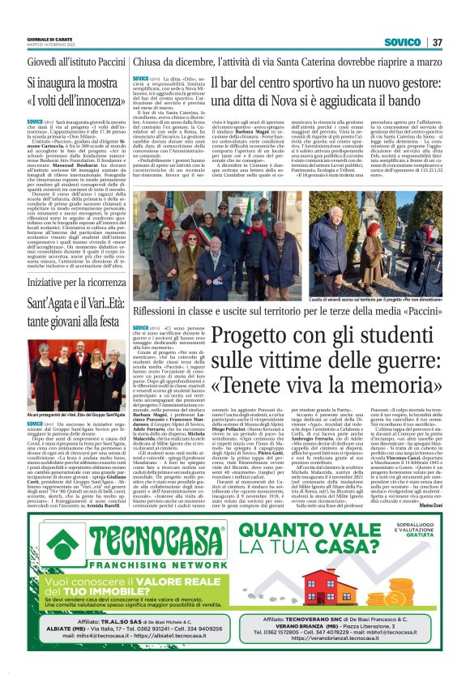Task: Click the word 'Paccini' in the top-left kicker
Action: pos(103,60)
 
